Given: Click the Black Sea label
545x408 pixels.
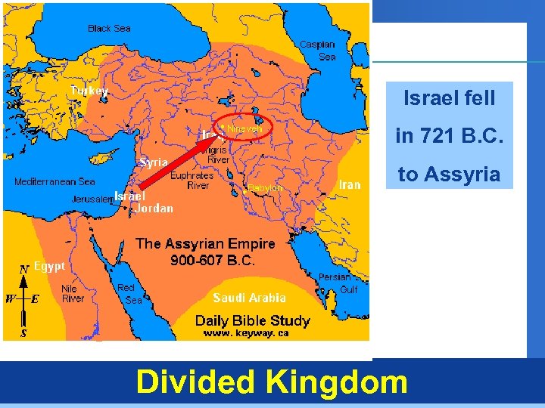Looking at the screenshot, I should (109, 29).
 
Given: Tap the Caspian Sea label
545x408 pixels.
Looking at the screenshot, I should (317, 51).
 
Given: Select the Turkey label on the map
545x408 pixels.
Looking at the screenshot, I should (89, 91).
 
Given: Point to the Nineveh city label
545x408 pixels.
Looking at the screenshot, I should (244, 129).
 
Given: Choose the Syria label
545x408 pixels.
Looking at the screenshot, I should (153, 162).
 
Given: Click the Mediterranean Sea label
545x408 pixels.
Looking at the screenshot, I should (54, 182).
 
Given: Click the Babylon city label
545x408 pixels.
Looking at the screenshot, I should (265, 187).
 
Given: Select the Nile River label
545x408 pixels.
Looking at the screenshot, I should (73, 294).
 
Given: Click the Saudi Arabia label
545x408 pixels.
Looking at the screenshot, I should (249, 298).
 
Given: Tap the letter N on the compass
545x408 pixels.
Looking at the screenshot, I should (24, 268).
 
